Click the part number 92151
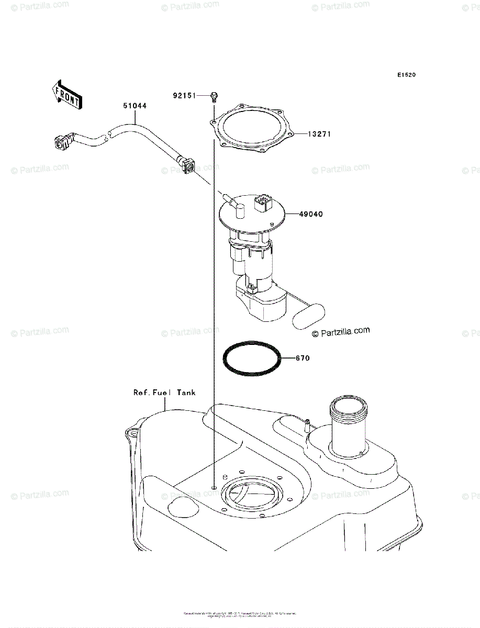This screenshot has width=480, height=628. coord(184,96)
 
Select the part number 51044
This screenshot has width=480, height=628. coord(135,106)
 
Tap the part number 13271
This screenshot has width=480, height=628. coord(319,134)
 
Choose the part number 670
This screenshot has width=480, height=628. coord(303,358)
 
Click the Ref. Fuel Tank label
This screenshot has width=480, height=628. coord(164,392)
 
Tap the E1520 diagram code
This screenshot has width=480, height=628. coord(406,75)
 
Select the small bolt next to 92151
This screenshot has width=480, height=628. coord(214,96)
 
